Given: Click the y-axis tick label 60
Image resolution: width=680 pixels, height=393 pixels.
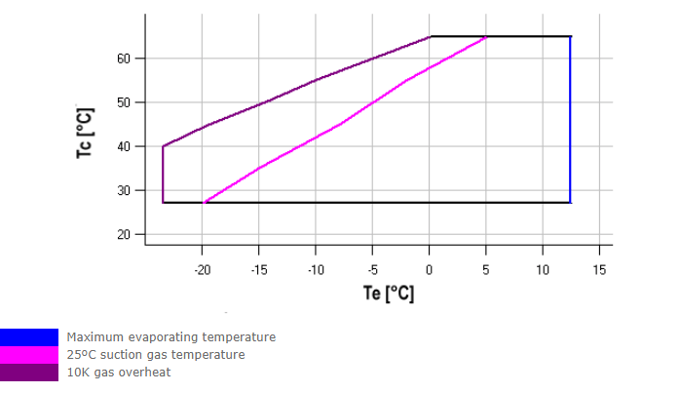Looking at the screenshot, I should point(126,59).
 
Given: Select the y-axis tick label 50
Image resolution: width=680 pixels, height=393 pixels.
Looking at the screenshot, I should point(126,102).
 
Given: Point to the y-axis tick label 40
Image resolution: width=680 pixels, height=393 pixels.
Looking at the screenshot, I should point(126,146).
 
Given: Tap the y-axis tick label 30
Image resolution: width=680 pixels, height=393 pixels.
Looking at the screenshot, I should point(126,190).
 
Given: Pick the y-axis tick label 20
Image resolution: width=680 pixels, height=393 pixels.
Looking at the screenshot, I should point(126,235).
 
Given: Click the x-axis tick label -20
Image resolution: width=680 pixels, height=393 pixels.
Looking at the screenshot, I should point(202,268).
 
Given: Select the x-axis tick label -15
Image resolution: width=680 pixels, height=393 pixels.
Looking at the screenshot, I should point(258,268).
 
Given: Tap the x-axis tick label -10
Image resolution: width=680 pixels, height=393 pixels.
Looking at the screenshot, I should point(315,268).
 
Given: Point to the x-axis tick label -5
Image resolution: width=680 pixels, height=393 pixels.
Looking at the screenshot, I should point(373,268).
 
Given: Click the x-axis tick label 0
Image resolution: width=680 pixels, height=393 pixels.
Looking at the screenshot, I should point(430,268).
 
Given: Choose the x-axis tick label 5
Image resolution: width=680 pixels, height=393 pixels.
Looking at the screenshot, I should point(486,268).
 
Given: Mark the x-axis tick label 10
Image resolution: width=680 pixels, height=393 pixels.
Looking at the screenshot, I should point(543,268).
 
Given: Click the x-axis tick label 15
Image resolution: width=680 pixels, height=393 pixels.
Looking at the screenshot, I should point(600,268).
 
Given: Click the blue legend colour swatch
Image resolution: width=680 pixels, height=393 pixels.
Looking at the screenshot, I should point(29,337).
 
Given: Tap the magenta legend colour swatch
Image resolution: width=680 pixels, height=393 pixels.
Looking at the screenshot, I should point(29,355).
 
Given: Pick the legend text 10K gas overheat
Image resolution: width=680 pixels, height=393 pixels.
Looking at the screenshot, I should point(120,372).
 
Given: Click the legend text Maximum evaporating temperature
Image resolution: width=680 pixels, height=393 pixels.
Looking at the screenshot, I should point(171,337).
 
